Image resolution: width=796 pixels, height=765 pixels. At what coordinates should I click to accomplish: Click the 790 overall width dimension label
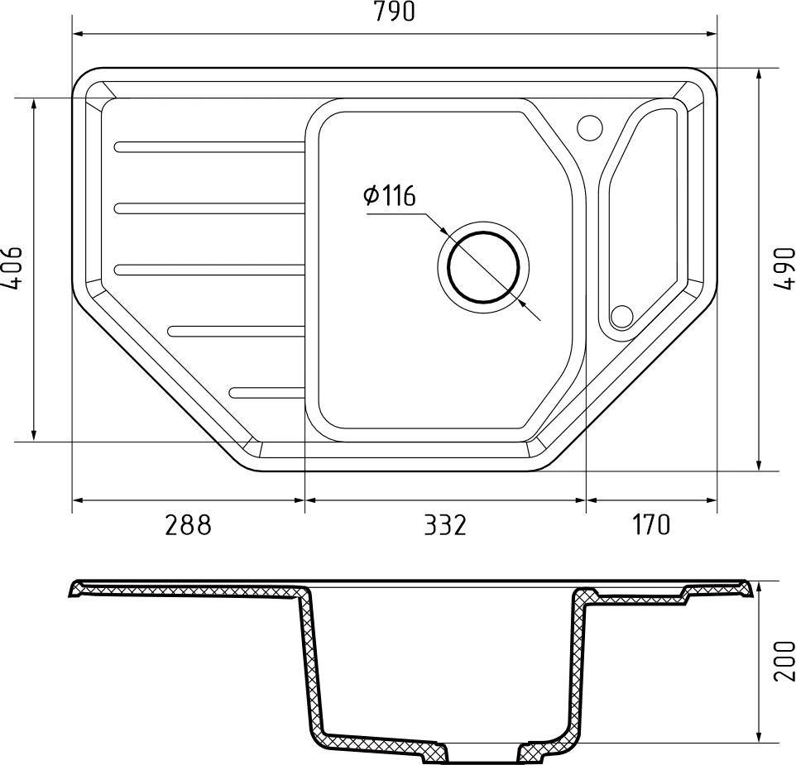coord(395,12)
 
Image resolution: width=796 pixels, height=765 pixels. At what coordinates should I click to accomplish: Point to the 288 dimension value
coord(188,524)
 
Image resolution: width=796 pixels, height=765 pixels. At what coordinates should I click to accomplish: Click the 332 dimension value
coord(444,524)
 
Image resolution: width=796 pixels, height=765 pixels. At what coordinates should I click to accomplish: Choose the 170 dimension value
coord(651,524)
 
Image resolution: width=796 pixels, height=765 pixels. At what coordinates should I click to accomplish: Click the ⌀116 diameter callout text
coord(389,196)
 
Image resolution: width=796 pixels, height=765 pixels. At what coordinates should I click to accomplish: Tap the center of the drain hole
coord(483,267)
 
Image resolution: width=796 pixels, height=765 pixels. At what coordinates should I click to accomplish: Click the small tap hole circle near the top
coord(590,127)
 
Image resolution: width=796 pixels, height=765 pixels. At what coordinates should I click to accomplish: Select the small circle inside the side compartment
coord(621,316)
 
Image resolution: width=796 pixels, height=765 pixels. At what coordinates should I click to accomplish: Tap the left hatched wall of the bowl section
coord(309,662)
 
